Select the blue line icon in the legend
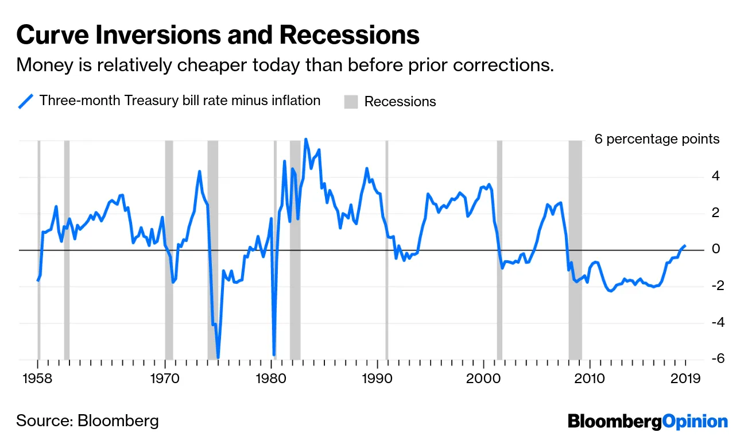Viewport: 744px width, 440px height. click(25, 102)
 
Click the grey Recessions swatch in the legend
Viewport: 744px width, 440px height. click(351, 102)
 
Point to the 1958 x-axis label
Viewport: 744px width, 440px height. click(38, 379)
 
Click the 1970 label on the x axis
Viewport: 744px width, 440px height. click(165, 379)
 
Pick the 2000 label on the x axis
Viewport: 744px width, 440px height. click(483, 379)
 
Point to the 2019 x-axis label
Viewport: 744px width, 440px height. click(685, 379)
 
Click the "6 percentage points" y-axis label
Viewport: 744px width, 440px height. click(657, 139)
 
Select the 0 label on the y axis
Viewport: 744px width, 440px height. click(714, 249)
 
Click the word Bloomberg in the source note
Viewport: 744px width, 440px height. click(118, 420)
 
